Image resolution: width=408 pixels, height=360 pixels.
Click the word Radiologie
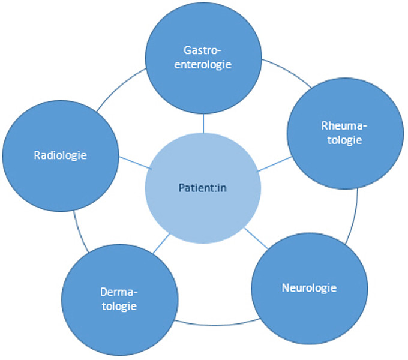tap(60, 155)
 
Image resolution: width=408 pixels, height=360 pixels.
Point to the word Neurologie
tap(309, 287)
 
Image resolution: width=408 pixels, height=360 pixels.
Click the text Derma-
tap(119, 292)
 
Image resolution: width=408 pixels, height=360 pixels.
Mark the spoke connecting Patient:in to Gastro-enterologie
tap(203, 124)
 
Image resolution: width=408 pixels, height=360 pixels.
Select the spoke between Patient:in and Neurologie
tap(256, 238)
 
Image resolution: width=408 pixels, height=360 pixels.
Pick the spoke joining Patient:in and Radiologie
tap(132, 163)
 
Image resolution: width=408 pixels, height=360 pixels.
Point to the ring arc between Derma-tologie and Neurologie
tap(213, 324)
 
